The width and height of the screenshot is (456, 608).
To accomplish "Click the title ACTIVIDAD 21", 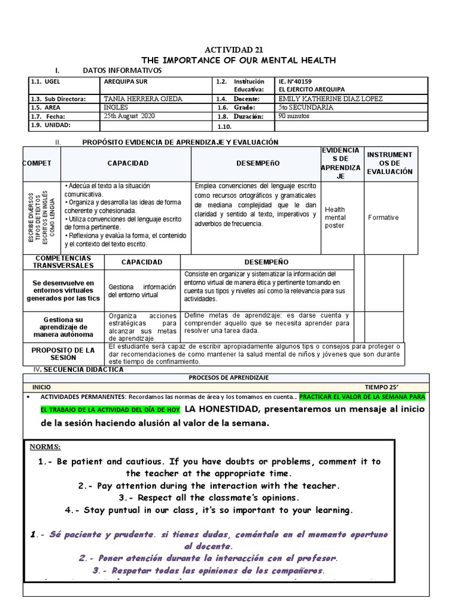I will point(229,50).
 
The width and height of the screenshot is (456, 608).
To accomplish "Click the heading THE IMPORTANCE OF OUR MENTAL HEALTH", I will point(239,60).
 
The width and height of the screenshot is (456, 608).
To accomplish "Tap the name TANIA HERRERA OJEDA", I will point(143,99).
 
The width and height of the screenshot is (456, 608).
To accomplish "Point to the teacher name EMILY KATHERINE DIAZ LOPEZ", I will point(330,99).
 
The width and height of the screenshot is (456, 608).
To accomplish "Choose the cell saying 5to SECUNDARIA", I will point(305,107).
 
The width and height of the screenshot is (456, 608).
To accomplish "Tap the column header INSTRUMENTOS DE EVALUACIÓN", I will point(389,163).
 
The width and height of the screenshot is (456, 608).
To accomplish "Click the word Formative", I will point(383,218).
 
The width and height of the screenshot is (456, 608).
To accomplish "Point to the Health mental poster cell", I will point(335,217).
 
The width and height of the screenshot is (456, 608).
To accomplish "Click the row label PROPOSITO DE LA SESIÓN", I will point(63,354).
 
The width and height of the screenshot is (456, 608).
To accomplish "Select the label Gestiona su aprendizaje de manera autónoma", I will point(62,327).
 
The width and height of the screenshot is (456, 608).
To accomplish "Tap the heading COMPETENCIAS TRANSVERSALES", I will point(63,262).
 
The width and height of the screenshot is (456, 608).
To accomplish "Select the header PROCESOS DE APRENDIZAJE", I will point(229,378).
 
